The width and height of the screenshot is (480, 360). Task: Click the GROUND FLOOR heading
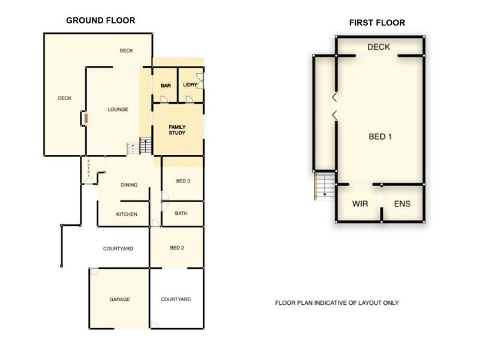click(100, 20)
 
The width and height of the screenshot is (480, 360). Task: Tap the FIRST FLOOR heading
click(377, 23)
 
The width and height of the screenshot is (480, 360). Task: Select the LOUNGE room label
click(118, 109)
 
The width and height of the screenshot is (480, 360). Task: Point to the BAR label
click(166, 86)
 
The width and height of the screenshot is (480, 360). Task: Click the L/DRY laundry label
click(190, 85)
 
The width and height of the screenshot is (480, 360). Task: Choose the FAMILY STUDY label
click(177, 130)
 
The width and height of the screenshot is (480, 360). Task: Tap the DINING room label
click(129, 185)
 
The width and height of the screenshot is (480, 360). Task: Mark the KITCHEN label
click(127, 214)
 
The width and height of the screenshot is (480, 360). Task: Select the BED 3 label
click(183, 181)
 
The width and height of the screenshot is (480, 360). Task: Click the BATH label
click(181, 213)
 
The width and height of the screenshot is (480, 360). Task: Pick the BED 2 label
click(176, 248)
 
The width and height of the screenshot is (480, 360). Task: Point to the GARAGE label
click(119, 299)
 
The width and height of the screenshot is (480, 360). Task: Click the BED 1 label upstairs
click(380, 137)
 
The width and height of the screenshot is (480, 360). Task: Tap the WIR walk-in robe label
click(359, 204)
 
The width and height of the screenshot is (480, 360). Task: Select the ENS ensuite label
click(402, 204)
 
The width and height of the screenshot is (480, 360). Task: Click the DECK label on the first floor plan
click(379, 47)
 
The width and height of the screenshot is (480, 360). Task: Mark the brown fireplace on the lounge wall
click(86, 118)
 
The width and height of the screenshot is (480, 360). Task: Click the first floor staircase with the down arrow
click(324, 185)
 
